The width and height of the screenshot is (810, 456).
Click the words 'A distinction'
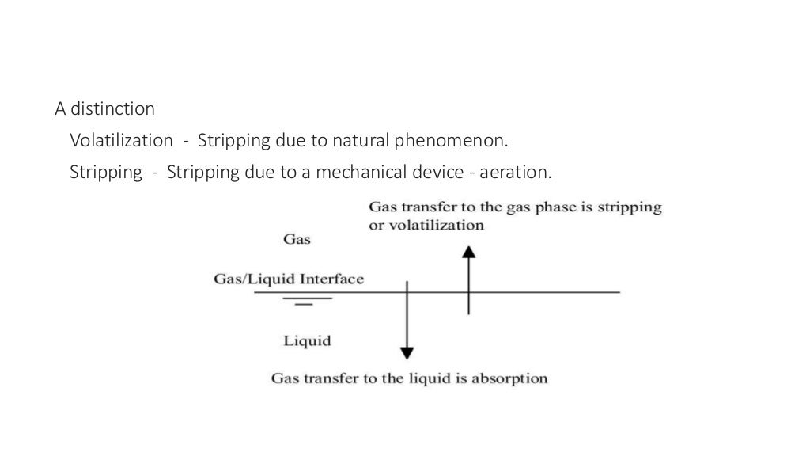[104, 108]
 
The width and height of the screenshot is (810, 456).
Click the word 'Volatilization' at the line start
[121, 141]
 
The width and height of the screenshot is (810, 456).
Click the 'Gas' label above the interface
[297, 238]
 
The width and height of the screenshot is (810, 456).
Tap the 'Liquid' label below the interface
[307, 341]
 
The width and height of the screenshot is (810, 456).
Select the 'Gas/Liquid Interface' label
[289, 279]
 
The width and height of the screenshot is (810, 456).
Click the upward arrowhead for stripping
[469, 252]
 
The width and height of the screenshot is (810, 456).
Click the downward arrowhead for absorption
[407, 352]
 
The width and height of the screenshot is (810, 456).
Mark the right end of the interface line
[619, 293]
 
